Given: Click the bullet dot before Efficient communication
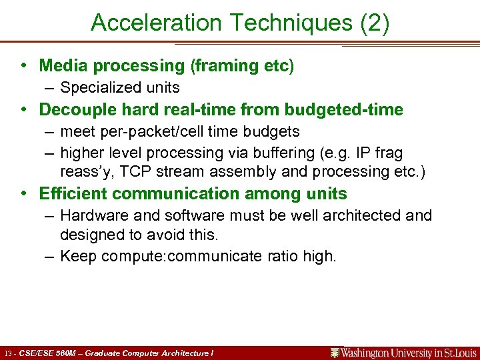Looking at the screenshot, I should (23, 194).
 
